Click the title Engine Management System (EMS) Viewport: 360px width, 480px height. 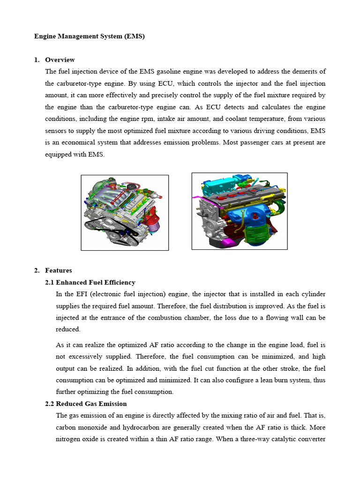tap(90, 36)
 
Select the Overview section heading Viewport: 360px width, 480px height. tap(60, 60)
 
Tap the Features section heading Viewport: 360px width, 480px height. tap(58, 270)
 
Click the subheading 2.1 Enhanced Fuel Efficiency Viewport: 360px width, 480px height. tap(90, 282)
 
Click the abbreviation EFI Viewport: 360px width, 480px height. tap(79, 294)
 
